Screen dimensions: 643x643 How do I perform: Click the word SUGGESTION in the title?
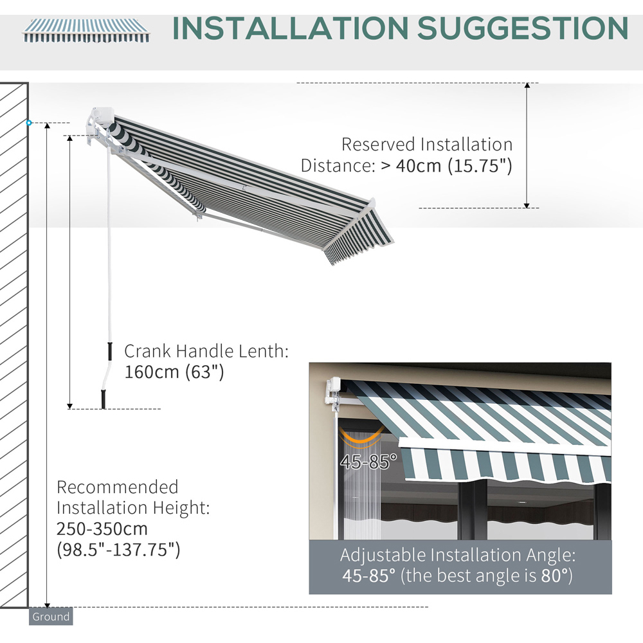pos(523,28)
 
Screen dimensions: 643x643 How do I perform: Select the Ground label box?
pos(51,617)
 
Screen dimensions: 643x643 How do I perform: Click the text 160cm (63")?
pos(174,372)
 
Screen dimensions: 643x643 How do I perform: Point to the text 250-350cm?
pos(102,529)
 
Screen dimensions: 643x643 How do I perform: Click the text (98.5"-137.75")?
pos(118,550)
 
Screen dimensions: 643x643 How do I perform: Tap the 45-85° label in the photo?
pos(370,462)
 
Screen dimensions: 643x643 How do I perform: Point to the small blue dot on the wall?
pos(29,123)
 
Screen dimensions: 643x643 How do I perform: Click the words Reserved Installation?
pos(427,145)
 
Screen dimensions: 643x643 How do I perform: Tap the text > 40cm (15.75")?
pos(446,165)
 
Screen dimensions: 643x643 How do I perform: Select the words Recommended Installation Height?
pos(133,498)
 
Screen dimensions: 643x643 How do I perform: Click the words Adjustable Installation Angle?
pos(457,554)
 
